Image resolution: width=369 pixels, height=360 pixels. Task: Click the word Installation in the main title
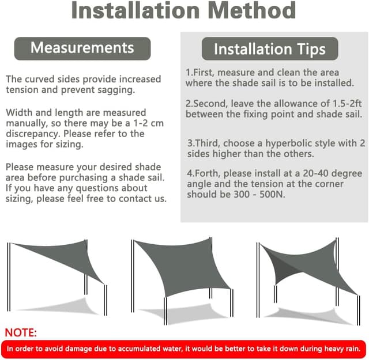[130, 11]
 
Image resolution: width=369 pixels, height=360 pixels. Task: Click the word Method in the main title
[248, 11]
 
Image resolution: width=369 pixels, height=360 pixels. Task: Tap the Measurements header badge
[82, 48]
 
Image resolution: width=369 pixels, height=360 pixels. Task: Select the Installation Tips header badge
[269, 49]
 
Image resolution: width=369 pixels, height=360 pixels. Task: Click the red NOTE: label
[21, 332]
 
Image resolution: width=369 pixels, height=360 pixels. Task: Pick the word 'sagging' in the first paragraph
[118, 90]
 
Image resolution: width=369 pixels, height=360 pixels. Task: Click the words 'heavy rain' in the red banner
[340, 348]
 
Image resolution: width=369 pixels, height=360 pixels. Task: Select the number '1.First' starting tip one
[199, 73]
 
